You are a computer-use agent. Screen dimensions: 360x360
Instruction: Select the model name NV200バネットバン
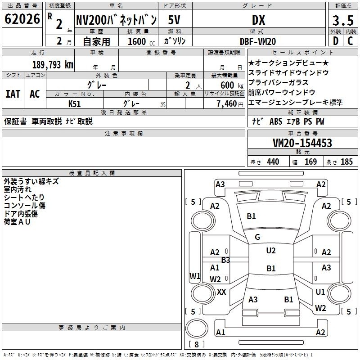click(x=116, y=20)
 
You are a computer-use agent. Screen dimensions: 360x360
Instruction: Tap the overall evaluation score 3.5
click(x=343, y=21)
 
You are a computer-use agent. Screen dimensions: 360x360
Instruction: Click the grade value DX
click(x=258, y=20)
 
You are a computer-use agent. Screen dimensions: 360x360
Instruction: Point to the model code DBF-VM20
click(x=258, y=41)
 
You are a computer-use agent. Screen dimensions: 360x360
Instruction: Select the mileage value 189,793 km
click(x=53, y=64)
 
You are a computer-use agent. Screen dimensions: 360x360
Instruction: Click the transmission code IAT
click(x=13, y=94)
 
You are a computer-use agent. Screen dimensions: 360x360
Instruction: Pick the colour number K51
click(x=75, y=103)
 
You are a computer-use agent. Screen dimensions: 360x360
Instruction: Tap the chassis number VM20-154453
click(x=302, y=144)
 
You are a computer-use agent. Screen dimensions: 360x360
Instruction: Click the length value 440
click(x=273, y=162)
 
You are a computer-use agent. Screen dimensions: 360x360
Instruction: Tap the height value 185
click(x=346, y=162)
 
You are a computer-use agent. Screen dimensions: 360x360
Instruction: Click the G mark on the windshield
click(x=257, y=237)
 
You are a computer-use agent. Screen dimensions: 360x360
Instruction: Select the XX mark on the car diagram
click(x=221, y=292)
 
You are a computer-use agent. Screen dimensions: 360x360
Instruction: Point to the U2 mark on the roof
click(x=271, y=251)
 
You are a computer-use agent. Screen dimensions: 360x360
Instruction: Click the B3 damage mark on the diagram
click(x=225, y=260)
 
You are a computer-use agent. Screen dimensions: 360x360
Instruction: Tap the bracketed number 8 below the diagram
click(x=196, y=344)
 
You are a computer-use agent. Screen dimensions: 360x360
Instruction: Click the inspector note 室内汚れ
click(x=18, y=189)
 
